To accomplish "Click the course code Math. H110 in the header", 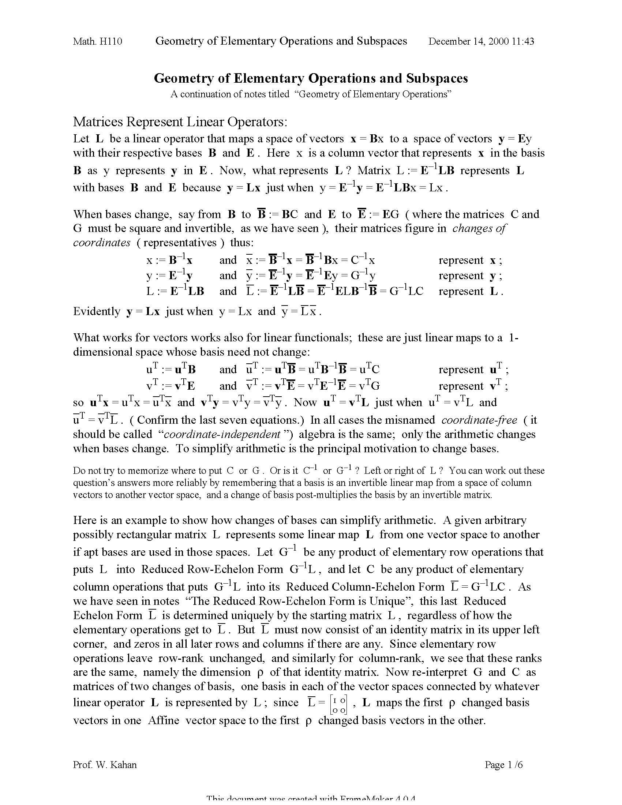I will coord(97,41).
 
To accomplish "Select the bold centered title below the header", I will coord(311,78).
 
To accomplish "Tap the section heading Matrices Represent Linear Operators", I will coord(180,121).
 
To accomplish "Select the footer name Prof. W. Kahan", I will coord(105,765).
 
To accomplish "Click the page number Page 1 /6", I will coord(504,765).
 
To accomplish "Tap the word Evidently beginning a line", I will coord(97,311).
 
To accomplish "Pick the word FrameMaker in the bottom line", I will coord(365,802).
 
